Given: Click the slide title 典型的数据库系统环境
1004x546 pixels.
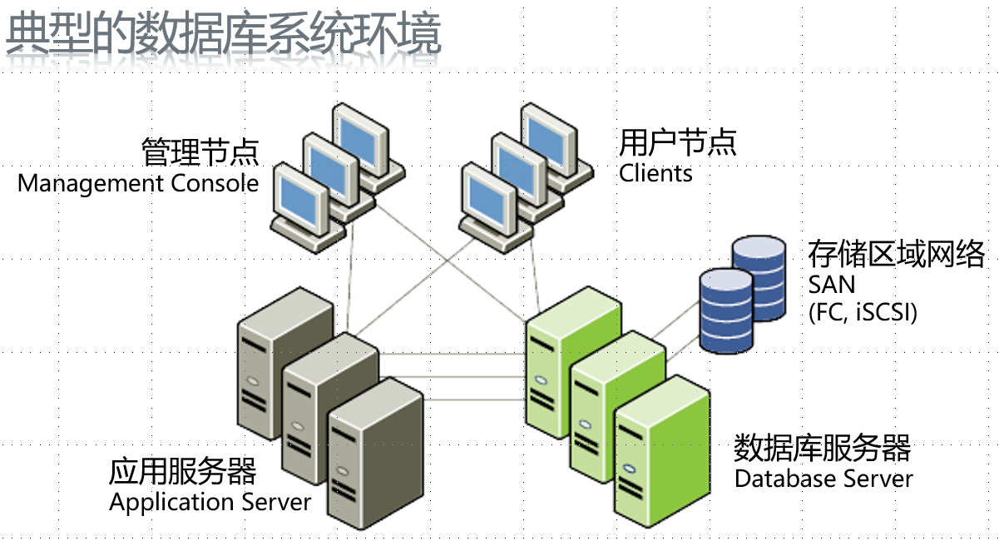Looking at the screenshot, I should click(223, 35).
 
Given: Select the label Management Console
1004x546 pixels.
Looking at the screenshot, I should click(138, 183).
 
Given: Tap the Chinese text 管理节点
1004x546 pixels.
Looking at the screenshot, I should click(200, 152).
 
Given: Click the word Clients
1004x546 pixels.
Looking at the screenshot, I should click(655, 173).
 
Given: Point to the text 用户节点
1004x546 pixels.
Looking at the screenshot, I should click(677, 142).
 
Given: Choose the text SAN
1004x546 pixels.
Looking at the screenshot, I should click(831, 285).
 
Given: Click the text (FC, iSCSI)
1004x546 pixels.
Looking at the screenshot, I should click(862, 313).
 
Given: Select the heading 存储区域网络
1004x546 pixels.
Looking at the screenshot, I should click(896, 254).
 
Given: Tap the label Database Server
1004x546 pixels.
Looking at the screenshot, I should click(823, 479).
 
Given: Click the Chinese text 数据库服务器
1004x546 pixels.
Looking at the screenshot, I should click(822, 449).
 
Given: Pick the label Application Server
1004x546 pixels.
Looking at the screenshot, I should click(210, 502).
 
